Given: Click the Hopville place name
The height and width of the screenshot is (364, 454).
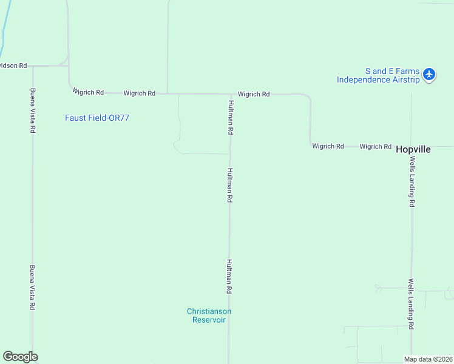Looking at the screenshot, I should point(413,149).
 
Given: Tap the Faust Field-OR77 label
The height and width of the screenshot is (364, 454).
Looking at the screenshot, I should point(97,118).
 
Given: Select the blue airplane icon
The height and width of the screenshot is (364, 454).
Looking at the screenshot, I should point(429,75).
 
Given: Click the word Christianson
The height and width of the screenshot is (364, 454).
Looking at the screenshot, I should point(209,311).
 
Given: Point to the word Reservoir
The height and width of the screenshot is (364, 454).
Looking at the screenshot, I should point(209,320).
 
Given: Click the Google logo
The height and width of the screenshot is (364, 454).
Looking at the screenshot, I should point(20,357).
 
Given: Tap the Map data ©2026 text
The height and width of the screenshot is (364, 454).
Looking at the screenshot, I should point(429,359).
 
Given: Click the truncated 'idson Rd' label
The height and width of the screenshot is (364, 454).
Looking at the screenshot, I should point(13,65).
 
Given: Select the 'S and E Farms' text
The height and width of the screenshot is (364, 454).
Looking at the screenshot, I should point(392,71).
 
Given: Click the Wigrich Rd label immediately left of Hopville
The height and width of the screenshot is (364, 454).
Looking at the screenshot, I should point(375,146).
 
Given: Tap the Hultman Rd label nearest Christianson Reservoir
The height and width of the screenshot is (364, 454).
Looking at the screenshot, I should point(229,277).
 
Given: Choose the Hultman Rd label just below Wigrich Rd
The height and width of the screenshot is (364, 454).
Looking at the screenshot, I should point(231,117).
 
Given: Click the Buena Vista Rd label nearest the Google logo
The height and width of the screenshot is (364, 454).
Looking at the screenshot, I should point(33,288).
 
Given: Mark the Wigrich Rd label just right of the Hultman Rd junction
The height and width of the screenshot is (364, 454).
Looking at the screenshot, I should point(254,94).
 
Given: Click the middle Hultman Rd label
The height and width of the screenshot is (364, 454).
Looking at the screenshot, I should point(230,185).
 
